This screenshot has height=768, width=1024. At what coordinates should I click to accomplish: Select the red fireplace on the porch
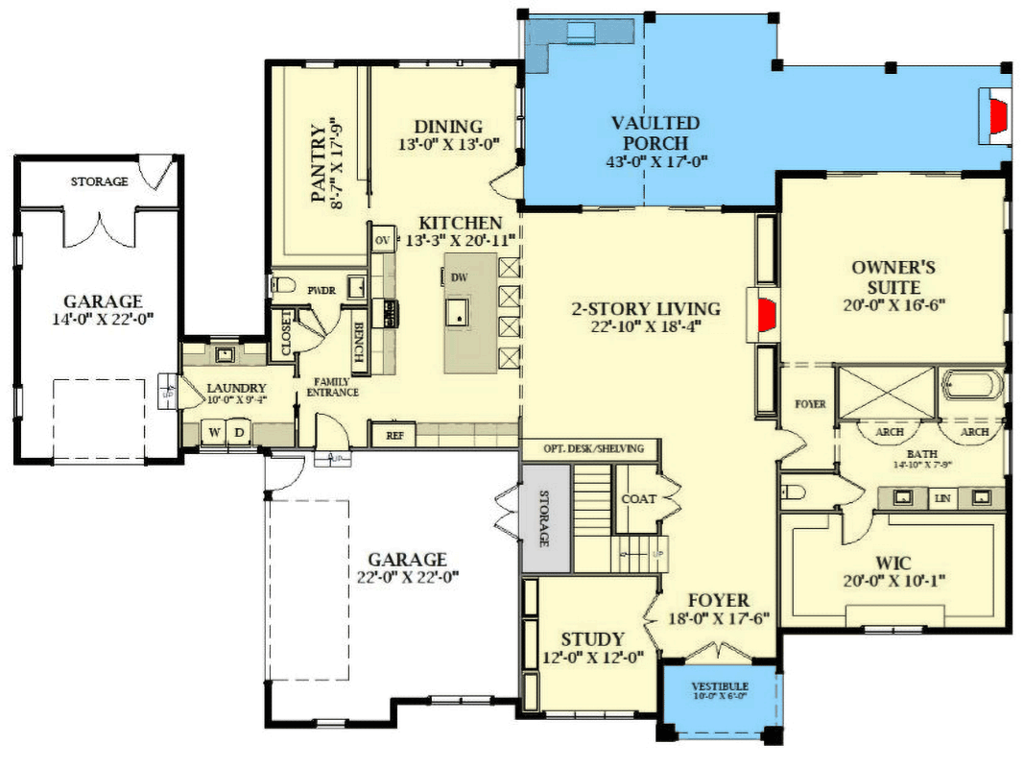(x=998, y=116)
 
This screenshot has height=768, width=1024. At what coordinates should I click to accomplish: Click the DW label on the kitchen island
(x=460, y=277)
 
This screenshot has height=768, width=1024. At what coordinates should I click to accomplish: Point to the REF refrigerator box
(x=394, y=435)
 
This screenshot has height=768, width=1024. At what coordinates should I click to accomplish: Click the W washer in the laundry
(x=215, y=431)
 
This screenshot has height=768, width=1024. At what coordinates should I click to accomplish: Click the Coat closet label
(x=639, y=498)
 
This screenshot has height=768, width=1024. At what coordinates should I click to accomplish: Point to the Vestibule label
(x=720, y=686)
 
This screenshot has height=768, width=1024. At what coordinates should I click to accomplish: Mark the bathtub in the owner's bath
(x=971, y=386)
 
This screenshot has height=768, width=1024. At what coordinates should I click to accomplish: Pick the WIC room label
(x=893, y=562)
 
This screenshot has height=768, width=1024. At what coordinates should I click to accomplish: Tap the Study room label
(x=592, y=639)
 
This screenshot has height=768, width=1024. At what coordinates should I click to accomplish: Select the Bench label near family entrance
(x=358, y=341)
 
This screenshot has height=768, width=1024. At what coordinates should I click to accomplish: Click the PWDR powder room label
(x=320, y=288)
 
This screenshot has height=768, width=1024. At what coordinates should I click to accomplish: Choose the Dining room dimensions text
(x=448, y=146)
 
